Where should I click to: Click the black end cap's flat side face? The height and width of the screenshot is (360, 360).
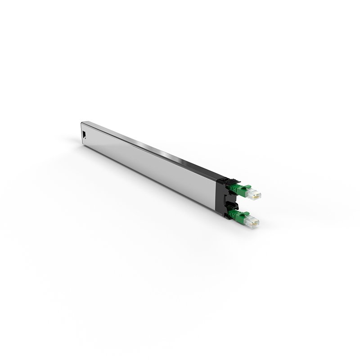(221, 198)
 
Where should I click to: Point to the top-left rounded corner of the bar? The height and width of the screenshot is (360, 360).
(82, 123)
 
